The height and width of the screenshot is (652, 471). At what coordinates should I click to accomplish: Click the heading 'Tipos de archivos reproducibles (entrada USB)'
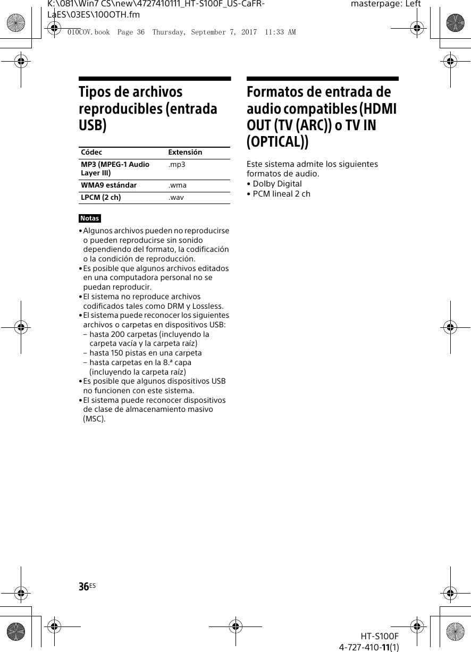click(148, 109)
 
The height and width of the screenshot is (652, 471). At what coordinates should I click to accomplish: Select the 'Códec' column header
click(91, 153)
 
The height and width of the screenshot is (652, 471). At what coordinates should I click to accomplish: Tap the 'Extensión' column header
click(185, 153)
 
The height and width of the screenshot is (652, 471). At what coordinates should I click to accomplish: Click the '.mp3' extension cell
click(177, 165)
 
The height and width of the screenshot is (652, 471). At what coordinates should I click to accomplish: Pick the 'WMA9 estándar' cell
click(108, 185)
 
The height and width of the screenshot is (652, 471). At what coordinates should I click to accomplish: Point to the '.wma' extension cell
click(178, 185)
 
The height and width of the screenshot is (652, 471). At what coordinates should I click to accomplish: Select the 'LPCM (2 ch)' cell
click(100, 198)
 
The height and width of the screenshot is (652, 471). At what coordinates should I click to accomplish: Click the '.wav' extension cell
click(176, 198)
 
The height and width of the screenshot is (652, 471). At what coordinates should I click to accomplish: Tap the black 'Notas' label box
click(90, 218)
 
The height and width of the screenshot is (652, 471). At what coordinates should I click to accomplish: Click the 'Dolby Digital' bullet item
click(277, 184)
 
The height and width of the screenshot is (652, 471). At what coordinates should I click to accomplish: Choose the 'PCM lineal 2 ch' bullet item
click(281, 194)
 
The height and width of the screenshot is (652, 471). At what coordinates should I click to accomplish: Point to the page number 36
click(83, 587)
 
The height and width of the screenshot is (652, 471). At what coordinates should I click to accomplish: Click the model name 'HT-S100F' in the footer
click(379, 636)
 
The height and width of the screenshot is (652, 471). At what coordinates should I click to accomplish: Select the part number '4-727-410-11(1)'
click(369, 647)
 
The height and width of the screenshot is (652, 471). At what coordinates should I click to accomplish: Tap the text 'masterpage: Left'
click(386, 4)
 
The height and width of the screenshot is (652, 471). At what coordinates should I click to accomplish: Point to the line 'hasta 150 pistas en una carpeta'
click(146, 353)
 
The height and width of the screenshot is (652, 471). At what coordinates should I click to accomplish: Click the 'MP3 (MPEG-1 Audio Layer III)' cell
click(115, 168)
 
